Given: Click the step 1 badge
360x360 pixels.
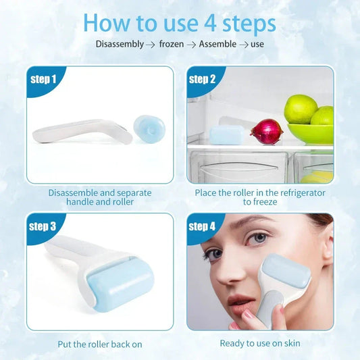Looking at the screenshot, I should pos(44,80).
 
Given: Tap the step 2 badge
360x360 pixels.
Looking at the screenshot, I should pos(202,80).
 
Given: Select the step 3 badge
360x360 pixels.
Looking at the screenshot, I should pos(44,226).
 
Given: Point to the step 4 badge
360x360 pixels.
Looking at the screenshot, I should pos(202,226).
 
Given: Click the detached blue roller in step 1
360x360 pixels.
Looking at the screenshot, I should pos(149,127).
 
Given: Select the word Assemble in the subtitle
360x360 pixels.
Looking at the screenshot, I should pos(217,45).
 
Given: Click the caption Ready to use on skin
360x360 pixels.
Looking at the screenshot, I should pos(259,343).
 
